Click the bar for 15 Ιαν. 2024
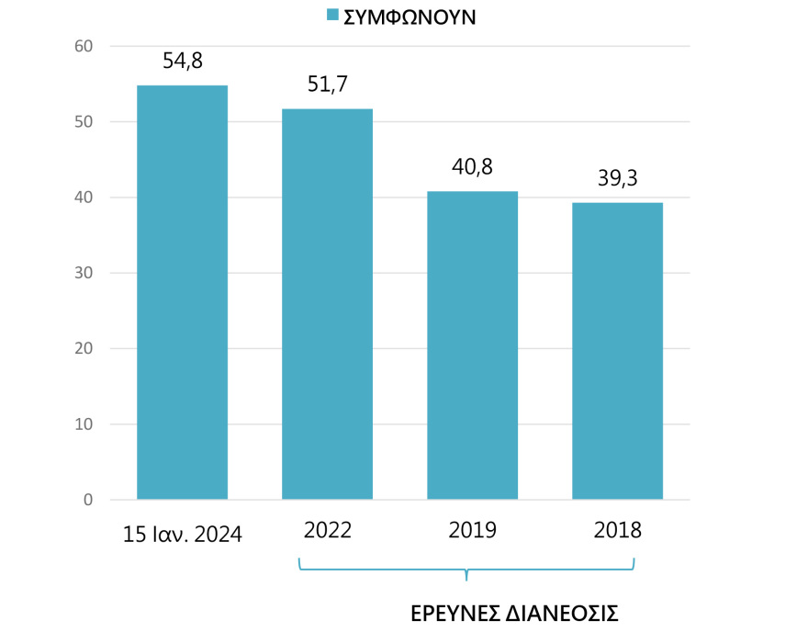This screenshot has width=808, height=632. [x=182, y=292]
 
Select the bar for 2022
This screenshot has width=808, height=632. [x=327, y=304]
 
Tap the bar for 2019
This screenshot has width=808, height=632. [x=472, y=345]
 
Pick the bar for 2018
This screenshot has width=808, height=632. [x=617, y=351]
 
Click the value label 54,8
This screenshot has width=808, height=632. [x=182, y=62]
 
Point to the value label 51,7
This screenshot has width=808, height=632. [x=327, y=85]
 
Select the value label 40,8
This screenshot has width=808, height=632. [x=472, y=168]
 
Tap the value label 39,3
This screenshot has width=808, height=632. [x=617, y=178]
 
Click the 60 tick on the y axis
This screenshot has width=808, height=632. [x=84, y=46]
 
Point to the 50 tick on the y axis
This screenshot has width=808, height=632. [x=84, y=122]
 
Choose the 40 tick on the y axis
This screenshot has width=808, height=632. [x=84, y=197]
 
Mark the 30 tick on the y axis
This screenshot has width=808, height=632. [x=84, y=273]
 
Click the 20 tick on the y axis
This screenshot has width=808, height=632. [x=84, y=349]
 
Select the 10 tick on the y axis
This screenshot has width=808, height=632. [x=84, y=424]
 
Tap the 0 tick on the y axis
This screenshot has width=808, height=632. [x=88, y=500]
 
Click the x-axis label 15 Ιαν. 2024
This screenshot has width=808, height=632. [x=182, y=534]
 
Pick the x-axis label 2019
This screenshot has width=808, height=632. [x=472, y=530]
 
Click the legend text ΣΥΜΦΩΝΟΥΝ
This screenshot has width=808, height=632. [x=409, y=17]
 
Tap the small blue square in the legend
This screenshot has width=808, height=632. [x=332, y=15]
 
